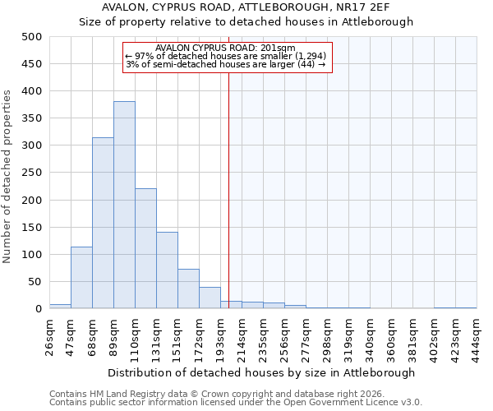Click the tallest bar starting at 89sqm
click(x=124, y=205)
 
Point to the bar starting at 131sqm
click(x=167, y=270)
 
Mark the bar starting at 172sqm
click(x=210, y=298)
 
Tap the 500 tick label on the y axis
click(x=32, y=37)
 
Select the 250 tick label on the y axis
click(x=32, y=173)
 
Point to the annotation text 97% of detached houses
click(x=225, y=56)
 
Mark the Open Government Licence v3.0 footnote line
click(x=236, y=402)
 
